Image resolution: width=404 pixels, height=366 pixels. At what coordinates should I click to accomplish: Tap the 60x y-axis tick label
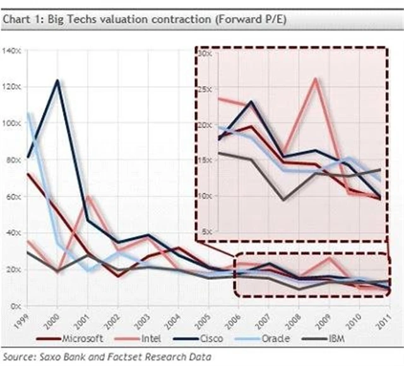click(x=13, y=196)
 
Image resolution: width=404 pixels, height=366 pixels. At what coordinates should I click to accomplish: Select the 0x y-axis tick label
click(x=16, y=305)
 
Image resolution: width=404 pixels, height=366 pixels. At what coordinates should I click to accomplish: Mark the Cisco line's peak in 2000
click(x=57, y=80)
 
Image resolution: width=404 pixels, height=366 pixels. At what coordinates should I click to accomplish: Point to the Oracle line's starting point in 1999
click(x=28, y=114)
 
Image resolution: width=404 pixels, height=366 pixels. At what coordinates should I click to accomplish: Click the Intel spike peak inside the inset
click(x=315, y=78)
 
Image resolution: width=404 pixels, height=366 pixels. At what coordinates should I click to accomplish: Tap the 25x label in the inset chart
click(x=203, y=89)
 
